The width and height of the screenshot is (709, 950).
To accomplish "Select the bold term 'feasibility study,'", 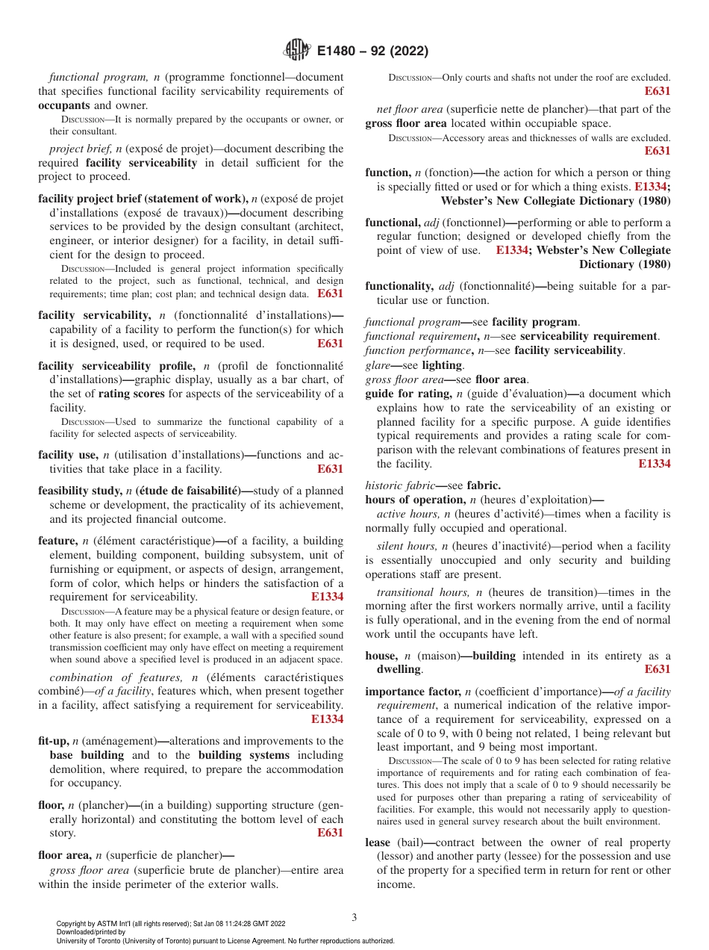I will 80,491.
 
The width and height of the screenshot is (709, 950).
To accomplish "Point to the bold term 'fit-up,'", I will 53,741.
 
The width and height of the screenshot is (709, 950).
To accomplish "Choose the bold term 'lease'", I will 378,842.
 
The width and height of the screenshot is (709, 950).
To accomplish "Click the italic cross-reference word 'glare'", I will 378,365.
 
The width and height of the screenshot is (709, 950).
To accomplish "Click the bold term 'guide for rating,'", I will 411,394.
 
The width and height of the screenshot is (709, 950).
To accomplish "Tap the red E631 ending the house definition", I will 657,670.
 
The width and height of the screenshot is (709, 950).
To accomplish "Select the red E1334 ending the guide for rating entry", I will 655,464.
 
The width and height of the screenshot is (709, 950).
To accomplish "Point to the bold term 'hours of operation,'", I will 415,500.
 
